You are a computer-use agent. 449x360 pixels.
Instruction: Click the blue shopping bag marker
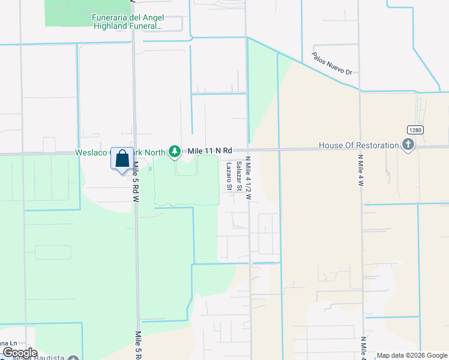coord(122,159)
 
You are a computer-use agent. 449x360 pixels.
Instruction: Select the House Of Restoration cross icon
coord(408,145)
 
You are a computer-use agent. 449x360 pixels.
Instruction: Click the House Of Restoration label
coord(358,145)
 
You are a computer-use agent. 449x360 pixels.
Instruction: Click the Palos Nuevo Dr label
coord(331,63)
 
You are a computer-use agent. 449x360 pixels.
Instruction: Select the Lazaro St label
coord(229,176)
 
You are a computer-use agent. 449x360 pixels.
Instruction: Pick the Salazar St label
coord(238,176)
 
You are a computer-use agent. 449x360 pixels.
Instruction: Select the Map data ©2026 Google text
coord(412,355)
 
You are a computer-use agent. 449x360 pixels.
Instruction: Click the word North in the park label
coord(155,152)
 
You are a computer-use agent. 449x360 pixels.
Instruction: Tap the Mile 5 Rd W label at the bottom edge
coord(138,344)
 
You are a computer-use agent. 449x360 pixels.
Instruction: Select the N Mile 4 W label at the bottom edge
coord(363,347)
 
